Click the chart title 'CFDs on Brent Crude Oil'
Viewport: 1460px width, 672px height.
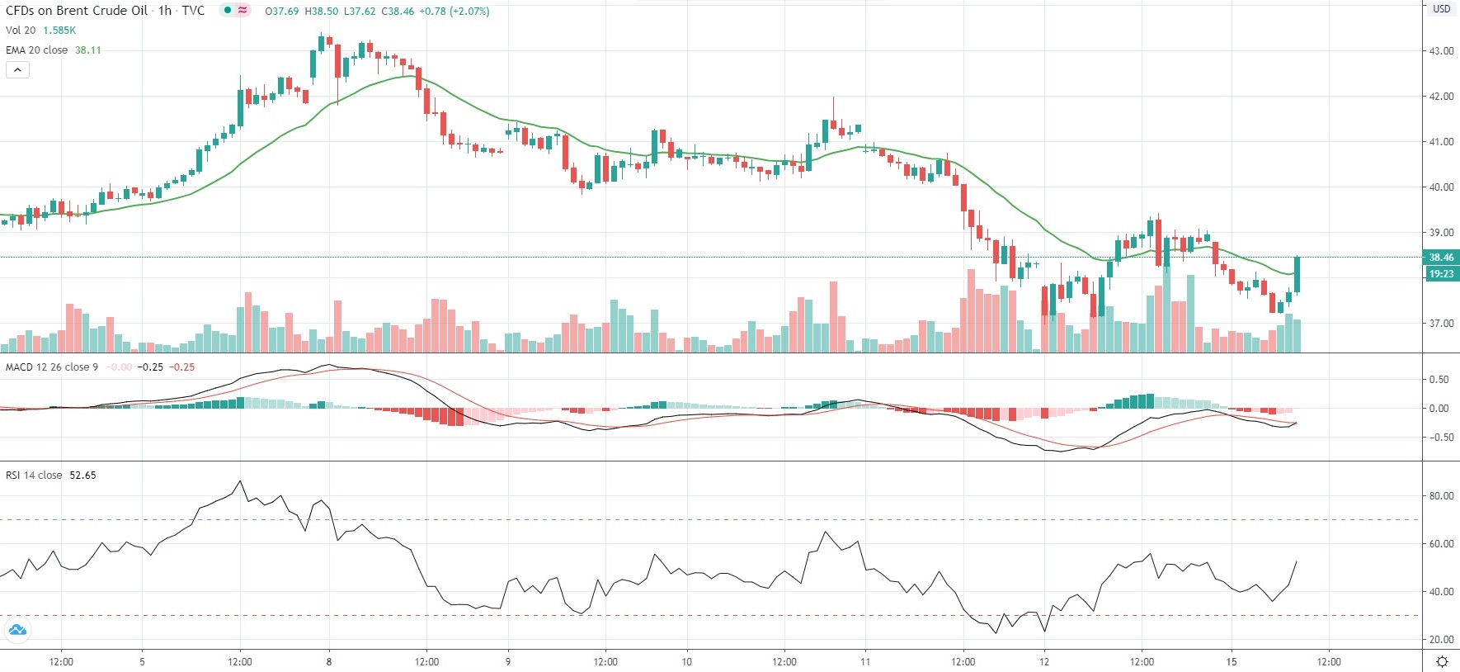coord(77,11)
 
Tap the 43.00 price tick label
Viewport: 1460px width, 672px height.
coord(1441,51)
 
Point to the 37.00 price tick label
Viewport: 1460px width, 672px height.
coord(1441,324)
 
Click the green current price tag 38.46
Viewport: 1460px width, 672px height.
coord(1441,258)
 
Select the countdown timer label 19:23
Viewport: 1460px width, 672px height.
coord(1441,274)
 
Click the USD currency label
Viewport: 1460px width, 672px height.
coord(1441,9)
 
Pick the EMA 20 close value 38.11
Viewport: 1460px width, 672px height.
coord(88,50)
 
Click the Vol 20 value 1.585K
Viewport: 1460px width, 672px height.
coord(59,31)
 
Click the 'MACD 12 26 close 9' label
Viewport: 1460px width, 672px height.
coord(52,367)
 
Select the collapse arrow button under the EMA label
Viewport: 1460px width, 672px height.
coord(17,70)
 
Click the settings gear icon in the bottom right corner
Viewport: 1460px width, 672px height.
coord(1442,661)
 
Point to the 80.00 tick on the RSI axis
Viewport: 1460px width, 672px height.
coord(1441,496)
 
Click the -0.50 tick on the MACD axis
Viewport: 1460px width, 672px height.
coord(1439,438)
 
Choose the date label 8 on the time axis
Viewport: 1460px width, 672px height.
coord(329,661)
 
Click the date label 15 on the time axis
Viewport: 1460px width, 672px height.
coord(1232,661)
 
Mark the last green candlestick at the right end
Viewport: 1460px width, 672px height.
coord(1298,275)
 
